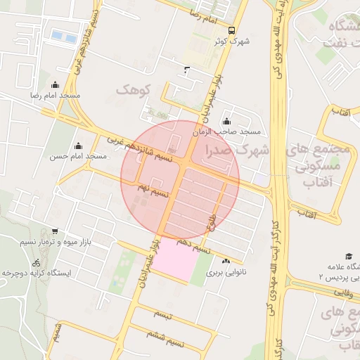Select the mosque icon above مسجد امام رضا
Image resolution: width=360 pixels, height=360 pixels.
(x=56, y=84)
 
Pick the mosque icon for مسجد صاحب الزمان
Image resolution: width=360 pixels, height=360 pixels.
(x=226, y=121)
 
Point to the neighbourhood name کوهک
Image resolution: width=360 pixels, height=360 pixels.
(x=134, y=91)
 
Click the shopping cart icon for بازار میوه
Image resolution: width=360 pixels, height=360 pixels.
(x=55, y=231)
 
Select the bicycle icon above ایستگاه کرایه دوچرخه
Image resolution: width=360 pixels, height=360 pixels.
(x=36, y=262)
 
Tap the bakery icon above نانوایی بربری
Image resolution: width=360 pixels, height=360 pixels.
(x=225, y=261)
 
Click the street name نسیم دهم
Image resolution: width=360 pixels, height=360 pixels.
(x=193, y=244)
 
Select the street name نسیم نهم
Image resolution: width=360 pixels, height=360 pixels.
(x=152, y=188)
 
